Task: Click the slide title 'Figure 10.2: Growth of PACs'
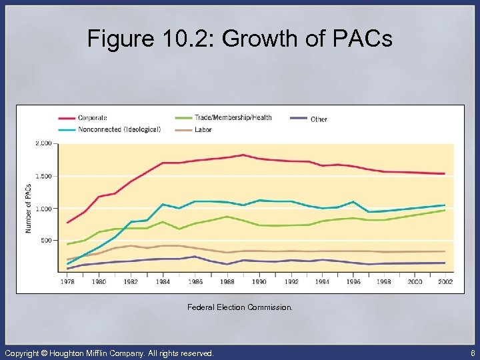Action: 240,39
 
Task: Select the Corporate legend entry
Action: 92,118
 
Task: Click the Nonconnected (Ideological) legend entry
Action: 119,129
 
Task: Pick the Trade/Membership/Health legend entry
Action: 233,118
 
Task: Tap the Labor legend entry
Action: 203,129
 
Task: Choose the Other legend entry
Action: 319,119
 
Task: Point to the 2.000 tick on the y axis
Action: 43,143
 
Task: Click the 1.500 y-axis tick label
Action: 43,176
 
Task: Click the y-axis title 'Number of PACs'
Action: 29,208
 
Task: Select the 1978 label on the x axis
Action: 67,282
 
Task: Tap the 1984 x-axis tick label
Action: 163,282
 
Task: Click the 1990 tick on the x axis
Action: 259,282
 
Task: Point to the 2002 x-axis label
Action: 445,282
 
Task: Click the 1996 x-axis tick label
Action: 354,282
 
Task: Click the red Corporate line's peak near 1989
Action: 243,155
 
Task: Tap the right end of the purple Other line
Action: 445,263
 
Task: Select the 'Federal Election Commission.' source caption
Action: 239,308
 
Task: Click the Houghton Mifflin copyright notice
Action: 109,353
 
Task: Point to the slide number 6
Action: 472,353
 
